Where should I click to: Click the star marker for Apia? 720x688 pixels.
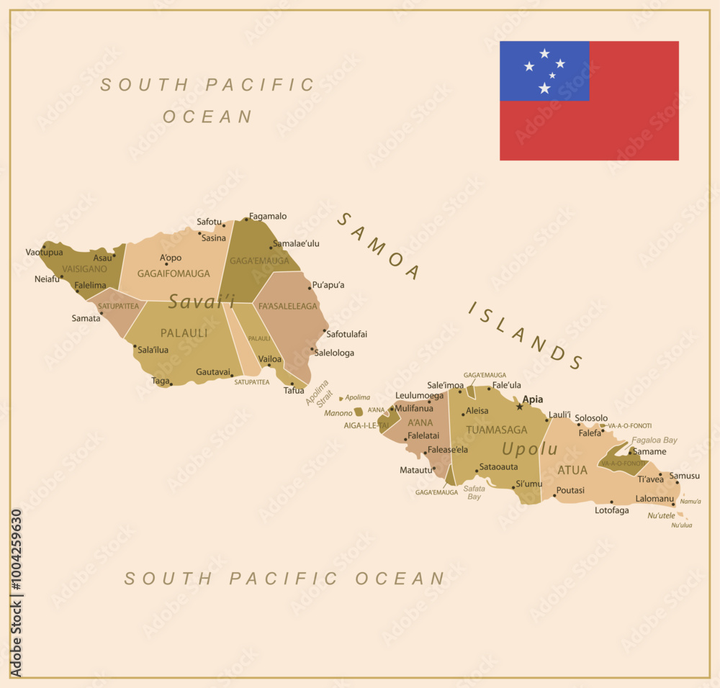coord(520,407)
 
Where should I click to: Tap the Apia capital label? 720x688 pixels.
coord(533,399)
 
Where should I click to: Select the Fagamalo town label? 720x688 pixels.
coord(268,216)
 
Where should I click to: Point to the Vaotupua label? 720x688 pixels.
coord(44,252)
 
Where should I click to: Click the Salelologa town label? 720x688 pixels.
coord(334,353)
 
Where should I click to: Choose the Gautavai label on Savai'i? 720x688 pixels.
coord(213,372)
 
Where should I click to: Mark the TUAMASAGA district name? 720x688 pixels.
coord(497,430)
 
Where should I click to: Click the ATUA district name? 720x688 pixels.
coord(573,470)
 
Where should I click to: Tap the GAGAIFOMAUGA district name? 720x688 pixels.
coord(174,273)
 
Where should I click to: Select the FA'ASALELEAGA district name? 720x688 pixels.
coord(288,306)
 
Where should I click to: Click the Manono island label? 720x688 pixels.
coord(338,413)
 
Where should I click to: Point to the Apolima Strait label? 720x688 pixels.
coord(318,393)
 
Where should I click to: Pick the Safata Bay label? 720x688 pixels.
coord(474,492)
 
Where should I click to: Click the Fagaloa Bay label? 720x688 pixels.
coord(654,440)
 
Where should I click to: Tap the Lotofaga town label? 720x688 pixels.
coord(611,510)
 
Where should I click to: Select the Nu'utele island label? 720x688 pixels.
coord(662,515)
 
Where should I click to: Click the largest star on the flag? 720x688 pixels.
coord(544,88)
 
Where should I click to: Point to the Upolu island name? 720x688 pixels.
coord(530,449)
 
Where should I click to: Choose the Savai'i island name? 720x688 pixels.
coord(202,302)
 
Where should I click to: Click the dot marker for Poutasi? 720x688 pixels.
coord(554,496)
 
